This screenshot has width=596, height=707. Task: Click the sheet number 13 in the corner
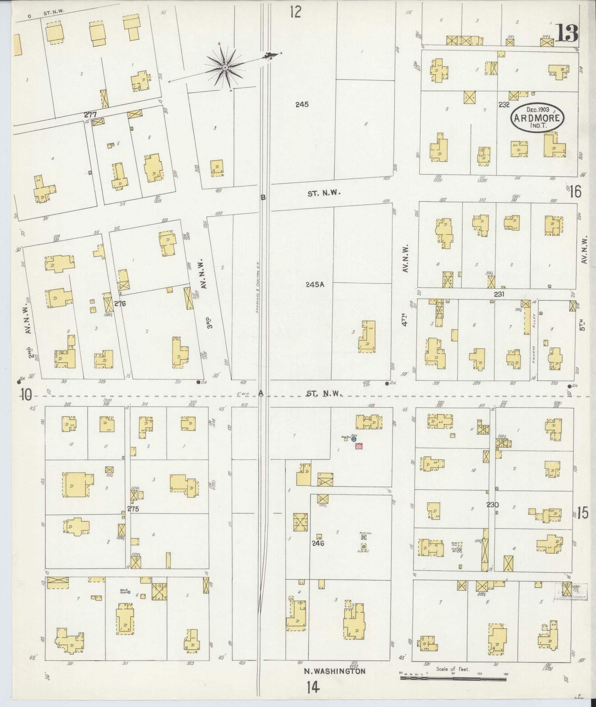pyautogui.click(x=566, y=34)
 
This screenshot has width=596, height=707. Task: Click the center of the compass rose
pyautogui.click(x=225, y=67)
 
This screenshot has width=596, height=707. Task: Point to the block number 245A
pyautogui.click(x=314, y=285)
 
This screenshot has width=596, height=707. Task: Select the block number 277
pyautogui.click(x=90, y=115)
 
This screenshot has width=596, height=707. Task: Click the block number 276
pyautogui.click(x=120, y=304)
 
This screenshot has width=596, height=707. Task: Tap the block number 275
pyautogui.click(x=133, y=509)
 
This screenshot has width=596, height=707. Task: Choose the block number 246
pyautogui.click(x=317, y=543)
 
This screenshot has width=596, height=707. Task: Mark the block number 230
pyautogui.click(x=493, y=505)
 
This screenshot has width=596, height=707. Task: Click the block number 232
pyautogui.click(x=504, y=105)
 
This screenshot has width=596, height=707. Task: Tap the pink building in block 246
pyautogui.click(x=358, y=446)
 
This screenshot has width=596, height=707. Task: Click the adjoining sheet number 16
pyautogui.click(x=575, y=192)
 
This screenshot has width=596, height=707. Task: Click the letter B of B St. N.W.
pyautogui.click(x=263, y=197)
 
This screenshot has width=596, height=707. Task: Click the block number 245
pyautogui.click(x=302, y=105)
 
